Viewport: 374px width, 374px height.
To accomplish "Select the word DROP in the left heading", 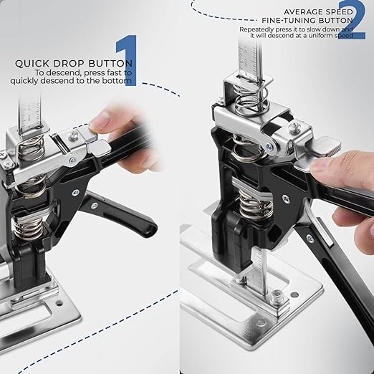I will pyautogui.click(x=65, y=63).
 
